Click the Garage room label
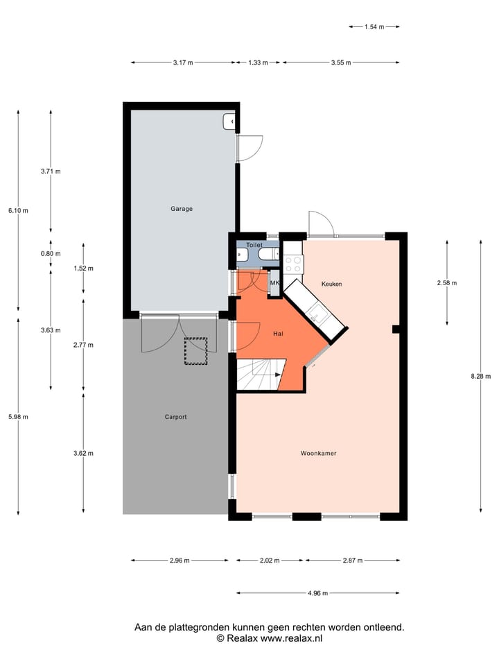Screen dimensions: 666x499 182,208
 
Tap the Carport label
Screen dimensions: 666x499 175,417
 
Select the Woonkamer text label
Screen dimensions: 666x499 318,454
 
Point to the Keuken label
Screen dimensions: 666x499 331,284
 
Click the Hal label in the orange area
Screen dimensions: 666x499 279,334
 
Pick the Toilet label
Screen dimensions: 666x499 254,245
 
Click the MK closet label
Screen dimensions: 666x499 274,283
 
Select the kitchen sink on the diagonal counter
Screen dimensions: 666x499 320,316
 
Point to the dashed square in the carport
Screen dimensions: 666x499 195,351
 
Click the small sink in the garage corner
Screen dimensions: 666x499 229,121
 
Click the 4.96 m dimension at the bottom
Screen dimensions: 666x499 318,593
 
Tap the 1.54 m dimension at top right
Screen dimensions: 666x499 374,26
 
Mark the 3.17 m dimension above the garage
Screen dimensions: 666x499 183,62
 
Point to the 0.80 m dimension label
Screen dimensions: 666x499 51,253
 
